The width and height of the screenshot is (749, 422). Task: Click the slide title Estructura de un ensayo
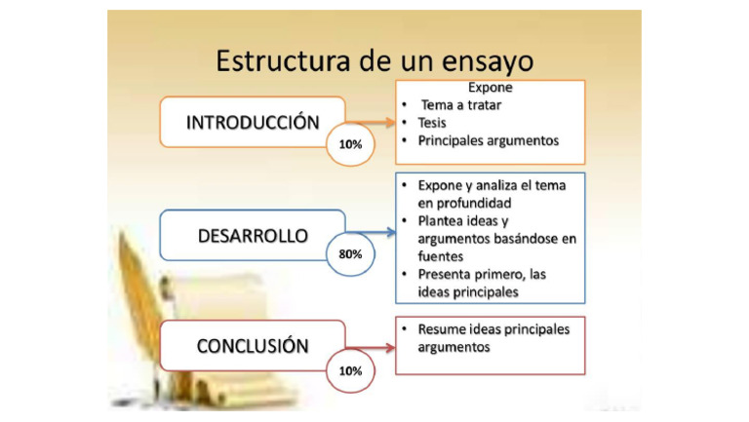pyautogui.click(x=374, y=60)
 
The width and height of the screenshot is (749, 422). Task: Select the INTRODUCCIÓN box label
pyautogui.click(x=253, y=123)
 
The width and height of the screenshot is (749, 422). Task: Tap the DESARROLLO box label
pyautogui.click(x=253, y=236)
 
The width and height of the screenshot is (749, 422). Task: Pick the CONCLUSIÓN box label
pyautogui.click(x=253, y=346)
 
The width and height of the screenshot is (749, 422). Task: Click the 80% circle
pyautogui.click(x=350, y=253)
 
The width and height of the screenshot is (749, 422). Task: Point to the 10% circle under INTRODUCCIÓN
pyautogui.click(x=350, y=143)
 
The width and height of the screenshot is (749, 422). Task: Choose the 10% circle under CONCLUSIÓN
pyautogui.click(x=350, y=370)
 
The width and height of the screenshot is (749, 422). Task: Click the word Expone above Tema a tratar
pyautogui.click(x=491, y=87)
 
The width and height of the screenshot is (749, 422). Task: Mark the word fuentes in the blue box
pyautogui.click(x=440, y=256)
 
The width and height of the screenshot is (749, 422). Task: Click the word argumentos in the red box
pyautogui.click(x=453, y=347)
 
